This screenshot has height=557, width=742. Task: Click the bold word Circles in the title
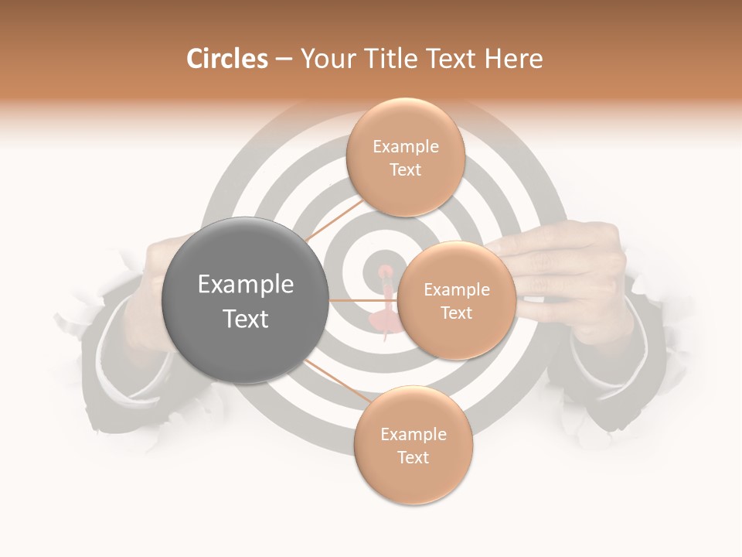click(x=226, y=59)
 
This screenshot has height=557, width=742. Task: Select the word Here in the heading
click(x=514, y=59)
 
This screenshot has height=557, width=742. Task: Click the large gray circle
click(x=245, y=300)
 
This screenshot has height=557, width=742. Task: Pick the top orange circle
click(x=404, y=157)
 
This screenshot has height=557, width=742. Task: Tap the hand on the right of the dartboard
click(x=572, y=271)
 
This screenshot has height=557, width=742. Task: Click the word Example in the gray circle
click(x=245, y=285)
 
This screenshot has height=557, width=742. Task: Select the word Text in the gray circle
click(x=245, y=318)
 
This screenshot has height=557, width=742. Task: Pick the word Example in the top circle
click(x=405, y=147)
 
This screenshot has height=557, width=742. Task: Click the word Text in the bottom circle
click(x=413, y=457)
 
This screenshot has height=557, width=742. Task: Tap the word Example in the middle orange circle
click(x=456, y=290)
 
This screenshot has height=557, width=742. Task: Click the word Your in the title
click(x=323, y=59)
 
